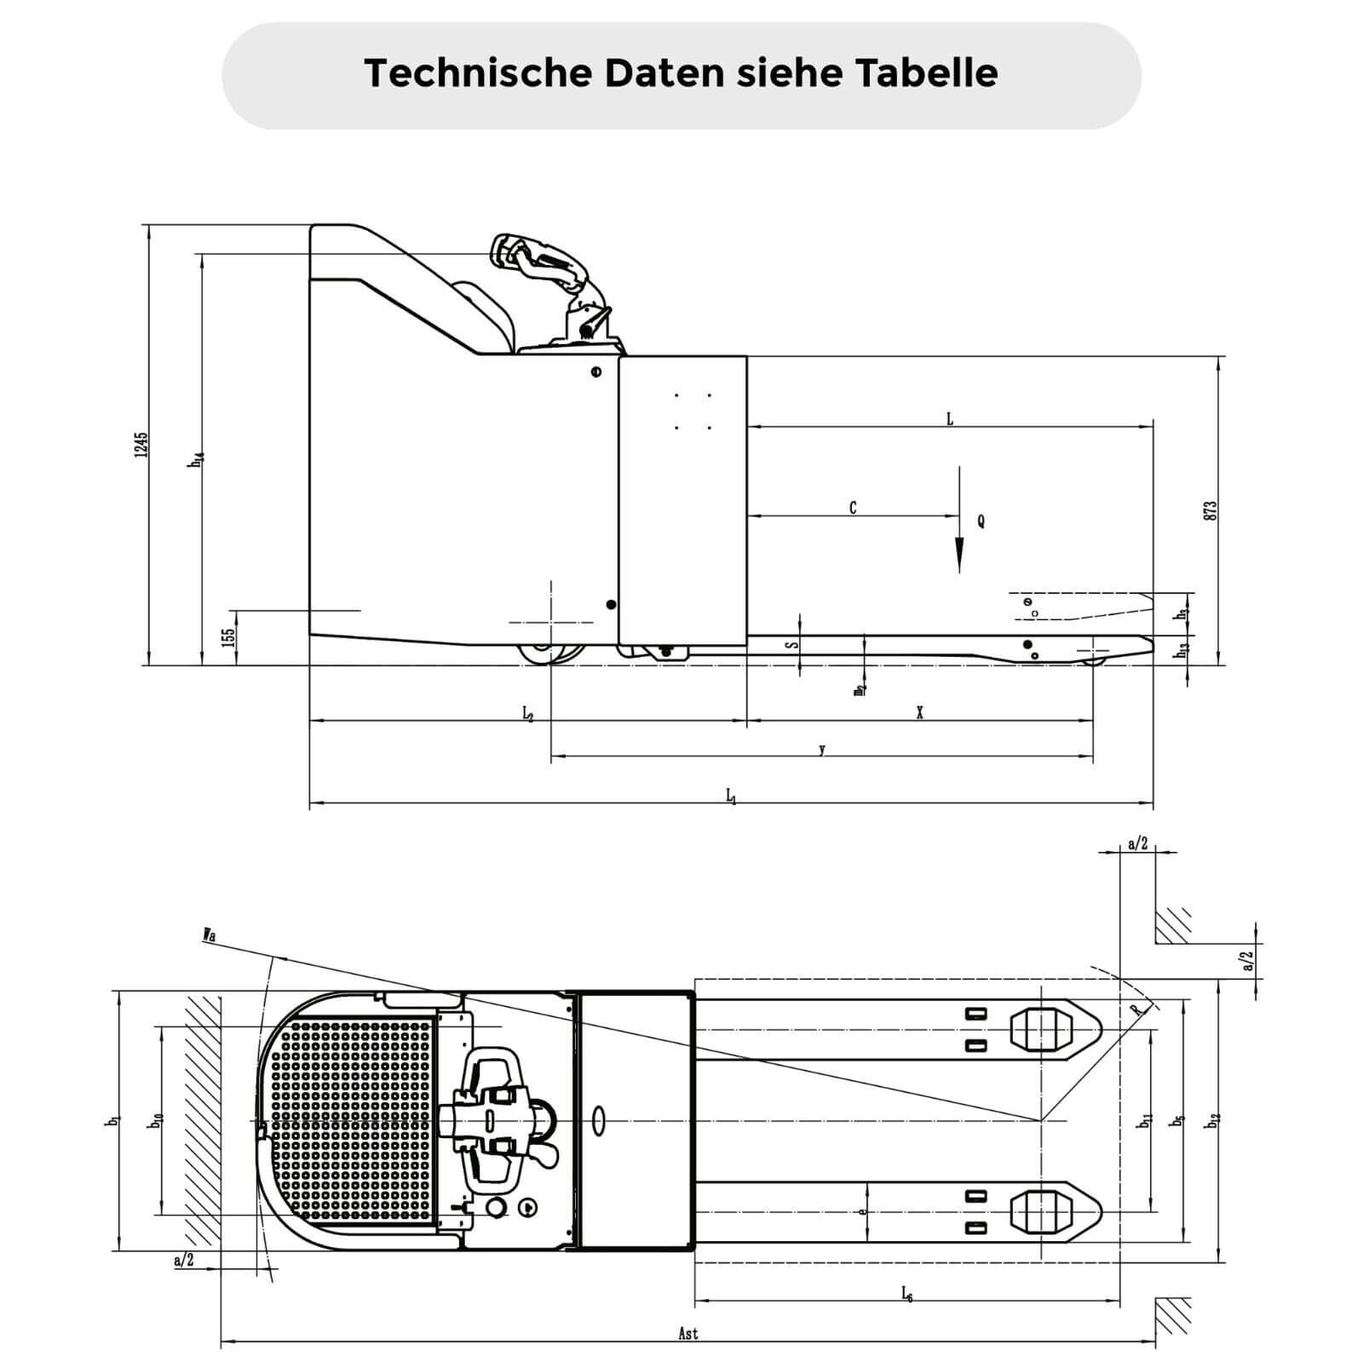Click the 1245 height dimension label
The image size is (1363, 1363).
point(141,444)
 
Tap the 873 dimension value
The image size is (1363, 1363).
point(1211,510)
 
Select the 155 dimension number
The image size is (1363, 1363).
point(227,637)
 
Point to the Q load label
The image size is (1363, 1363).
point(981,520)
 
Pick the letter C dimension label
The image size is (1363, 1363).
point(853,508)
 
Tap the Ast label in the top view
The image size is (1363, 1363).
point(688,1334)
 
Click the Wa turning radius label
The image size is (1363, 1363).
point(209,935)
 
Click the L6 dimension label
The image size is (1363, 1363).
point(907,1294)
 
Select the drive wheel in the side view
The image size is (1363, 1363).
point(551,653)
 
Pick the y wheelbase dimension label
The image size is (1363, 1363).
point(821,750)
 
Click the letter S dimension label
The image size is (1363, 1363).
point(791,645)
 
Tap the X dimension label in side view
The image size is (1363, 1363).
point(919,713)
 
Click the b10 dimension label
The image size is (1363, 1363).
point(155,1122)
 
